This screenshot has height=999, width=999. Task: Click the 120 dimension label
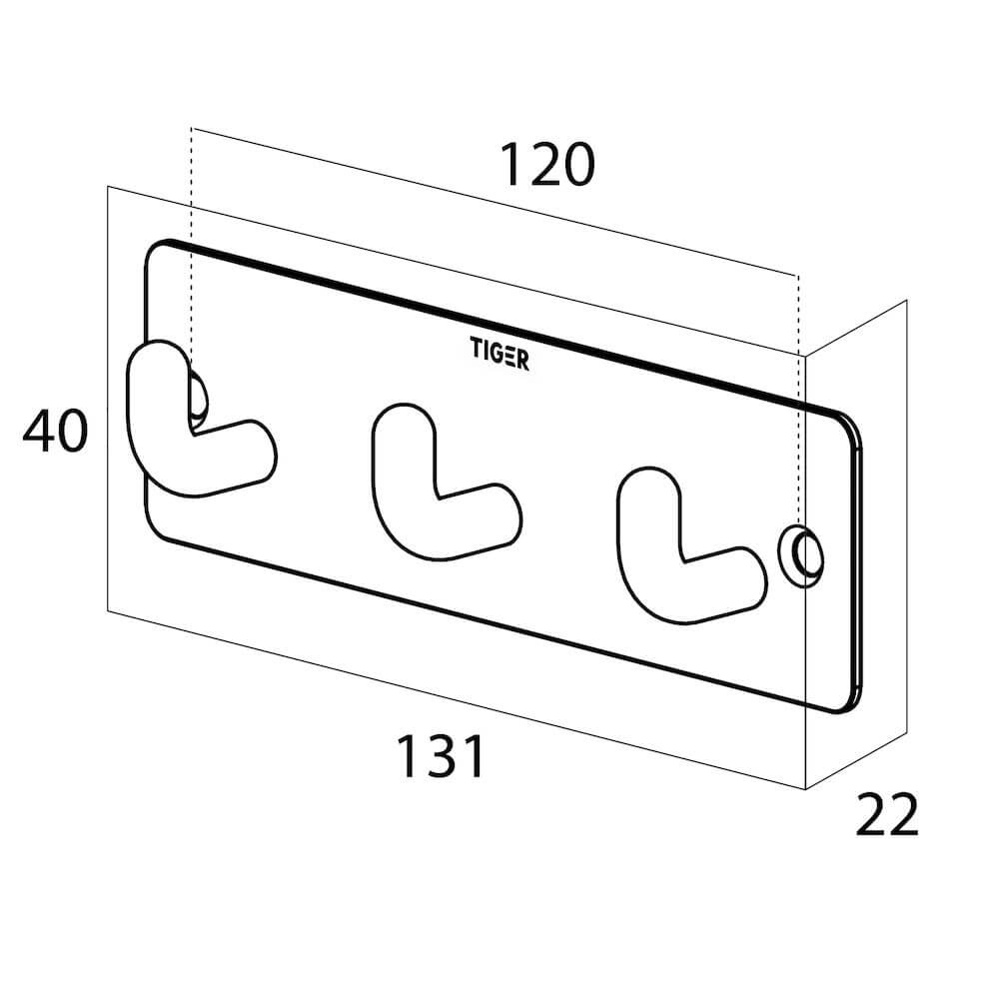coord(547,165)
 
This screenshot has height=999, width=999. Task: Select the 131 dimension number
coord(441,756)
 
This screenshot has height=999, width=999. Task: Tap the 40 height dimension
coord(55,432)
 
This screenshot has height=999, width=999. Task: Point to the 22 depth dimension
coord(886,814)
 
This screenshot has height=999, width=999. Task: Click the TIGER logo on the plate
coord(499,354)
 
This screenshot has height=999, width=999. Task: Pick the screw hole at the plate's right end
coord(801,556)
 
